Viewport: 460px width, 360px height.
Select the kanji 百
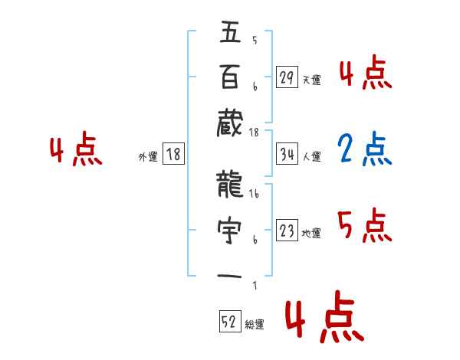point(230,77)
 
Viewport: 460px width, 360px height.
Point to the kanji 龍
point(230,184)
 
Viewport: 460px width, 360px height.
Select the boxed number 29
point(287,77)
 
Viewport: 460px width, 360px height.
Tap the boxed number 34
point(287,155)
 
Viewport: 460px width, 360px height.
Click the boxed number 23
point(287,231)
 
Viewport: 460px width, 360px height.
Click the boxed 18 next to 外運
point(173,155)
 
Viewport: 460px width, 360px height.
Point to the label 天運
point(311,80)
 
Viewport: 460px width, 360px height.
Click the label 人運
point(311,157)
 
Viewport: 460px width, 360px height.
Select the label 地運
point(311,234)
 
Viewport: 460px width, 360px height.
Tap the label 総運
point(255,325)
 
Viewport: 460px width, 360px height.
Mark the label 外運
point(148,157)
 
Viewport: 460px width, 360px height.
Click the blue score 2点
point(364,150)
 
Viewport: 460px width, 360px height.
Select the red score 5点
point(364,226)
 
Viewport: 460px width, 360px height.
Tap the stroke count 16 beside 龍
point(254,195)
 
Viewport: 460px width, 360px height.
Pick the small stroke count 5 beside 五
point(254,41)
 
